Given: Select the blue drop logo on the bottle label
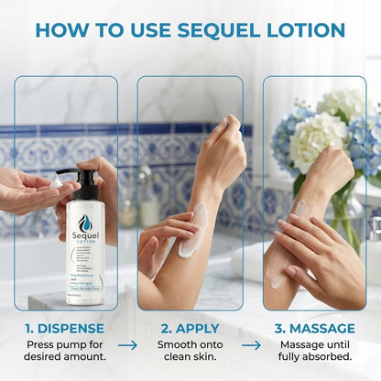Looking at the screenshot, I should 85,223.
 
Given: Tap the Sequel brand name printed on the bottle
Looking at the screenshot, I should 85,237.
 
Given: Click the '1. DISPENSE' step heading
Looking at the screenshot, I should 66,328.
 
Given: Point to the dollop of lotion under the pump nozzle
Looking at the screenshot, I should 56,182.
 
